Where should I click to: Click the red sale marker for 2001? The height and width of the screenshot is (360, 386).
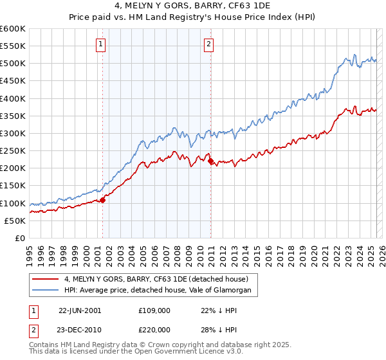click(x=102, y=200)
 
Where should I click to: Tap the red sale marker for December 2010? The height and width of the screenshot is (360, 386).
click(x=210, y=161)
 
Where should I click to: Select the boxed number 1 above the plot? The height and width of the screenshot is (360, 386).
click(x=102, y=44)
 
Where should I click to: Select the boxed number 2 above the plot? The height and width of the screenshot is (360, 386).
click(x=210, y=44)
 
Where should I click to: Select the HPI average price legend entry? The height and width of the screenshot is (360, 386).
click(x=161, y=291)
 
